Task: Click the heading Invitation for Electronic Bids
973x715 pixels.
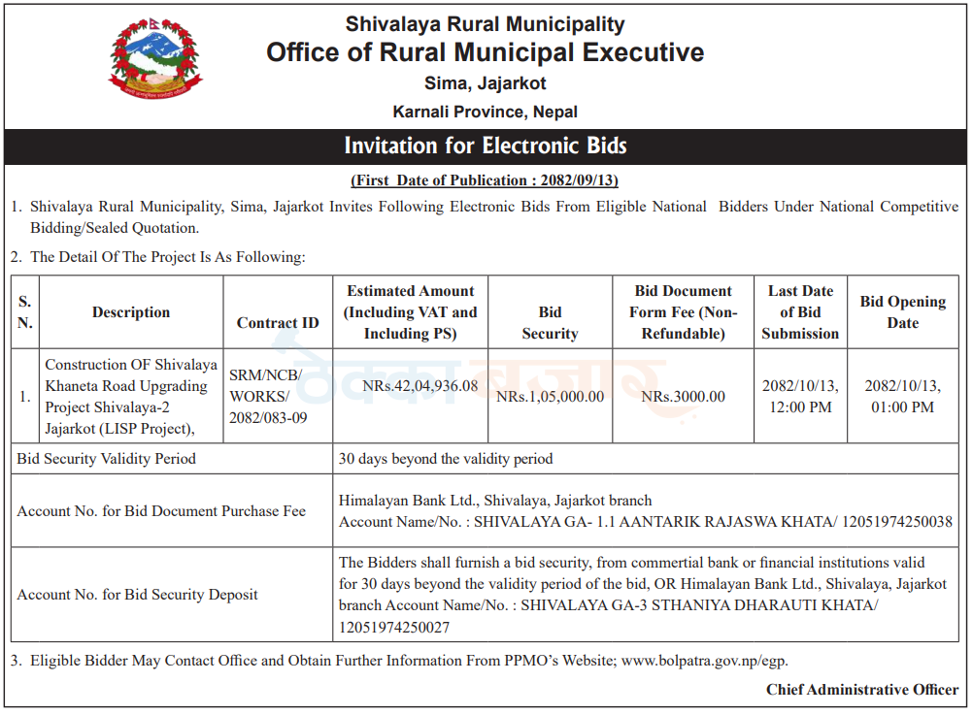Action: tap(486, 146)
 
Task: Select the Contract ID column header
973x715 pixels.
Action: tap(278, 323)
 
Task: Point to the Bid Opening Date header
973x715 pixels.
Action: tap(902, 312)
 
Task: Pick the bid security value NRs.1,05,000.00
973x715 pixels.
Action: tap(550, 397)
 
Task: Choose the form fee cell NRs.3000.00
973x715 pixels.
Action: tap(683, 397)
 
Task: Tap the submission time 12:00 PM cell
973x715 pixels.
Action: tap(800, 397)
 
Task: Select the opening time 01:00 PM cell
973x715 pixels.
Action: tap(902, 397)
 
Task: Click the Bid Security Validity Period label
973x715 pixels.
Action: tap(106, 459)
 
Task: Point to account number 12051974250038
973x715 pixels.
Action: tap(897, 522)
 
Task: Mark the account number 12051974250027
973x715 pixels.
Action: tap(394, 628)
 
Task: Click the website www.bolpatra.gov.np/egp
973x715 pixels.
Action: tap(704, 662)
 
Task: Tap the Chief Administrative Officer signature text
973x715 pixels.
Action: tap(861, 690)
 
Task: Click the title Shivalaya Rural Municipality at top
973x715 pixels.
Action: tap(486, 24)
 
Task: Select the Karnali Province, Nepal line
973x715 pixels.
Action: tap(486, 113)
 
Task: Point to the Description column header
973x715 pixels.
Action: tap(131, 312)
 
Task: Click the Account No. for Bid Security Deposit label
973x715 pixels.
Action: tap(137, 595)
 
